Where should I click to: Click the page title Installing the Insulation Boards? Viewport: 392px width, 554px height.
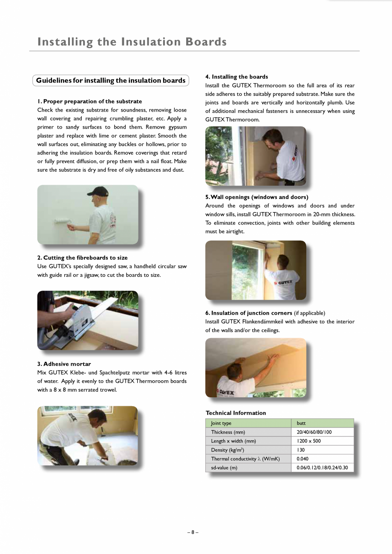pos(132,42)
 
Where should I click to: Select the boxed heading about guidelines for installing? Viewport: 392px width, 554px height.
pos(111,80)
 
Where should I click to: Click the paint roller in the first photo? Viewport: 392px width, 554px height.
pos(60,221)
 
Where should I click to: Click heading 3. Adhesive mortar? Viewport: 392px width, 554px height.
pos(64,364)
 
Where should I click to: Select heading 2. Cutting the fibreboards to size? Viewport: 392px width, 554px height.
pos(82,258)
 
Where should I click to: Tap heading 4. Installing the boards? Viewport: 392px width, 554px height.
pos(236,77)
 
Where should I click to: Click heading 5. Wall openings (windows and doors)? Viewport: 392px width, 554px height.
pos(257,197)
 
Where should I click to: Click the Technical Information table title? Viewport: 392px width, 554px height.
pos(236,413)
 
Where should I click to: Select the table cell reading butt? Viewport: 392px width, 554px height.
pos(301,423)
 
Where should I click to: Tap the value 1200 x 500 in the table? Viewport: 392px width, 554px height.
pos(308,441)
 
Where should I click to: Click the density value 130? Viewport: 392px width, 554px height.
pos(301,450)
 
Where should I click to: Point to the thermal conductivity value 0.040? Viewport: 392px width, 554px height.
pos(303,459)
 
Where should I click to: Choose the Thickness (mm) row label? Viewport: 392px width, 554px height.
pos(228,432)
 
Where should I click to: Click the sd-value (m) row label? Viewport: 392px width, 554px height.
pos(224,468)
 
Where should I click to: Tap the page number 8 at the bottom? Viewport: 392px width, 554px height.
pos(193,532)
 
